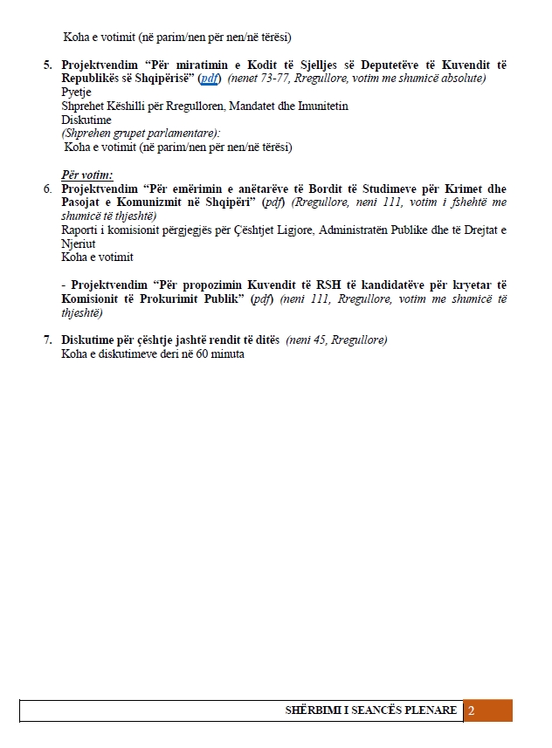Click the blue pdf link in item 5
(209, 79)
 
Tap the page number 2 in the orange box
(472, 710)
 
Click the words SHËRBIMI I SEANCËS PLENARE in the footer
(371, 710)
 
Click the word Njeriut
(79, 244)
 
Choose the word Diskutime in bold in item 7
(91, 340)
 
